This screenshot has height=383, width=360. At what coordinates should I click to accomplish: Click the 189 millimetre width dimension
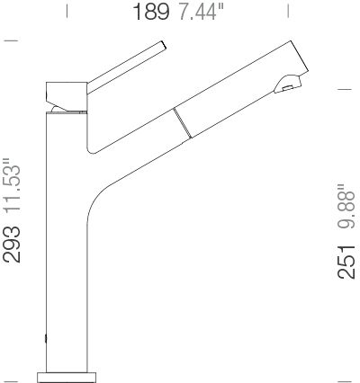click(151, 12)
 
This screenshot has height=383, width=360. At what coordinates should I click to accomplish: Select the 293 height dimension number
click(12, 245)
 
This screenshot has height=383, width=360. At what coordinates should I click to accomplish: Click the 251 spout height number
click(346, 262)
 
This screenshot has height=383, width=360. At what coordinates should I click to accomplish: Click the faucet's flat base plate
click(67, 378)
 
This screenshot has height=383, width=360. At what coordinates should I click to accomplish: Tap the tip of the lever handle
click(164, 44)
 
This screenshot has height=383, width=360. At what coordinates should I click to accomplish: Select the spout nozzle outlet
click(287, 87)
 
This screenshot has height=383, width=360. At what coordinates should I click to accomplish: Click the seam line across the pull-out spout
click(182, 123)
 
